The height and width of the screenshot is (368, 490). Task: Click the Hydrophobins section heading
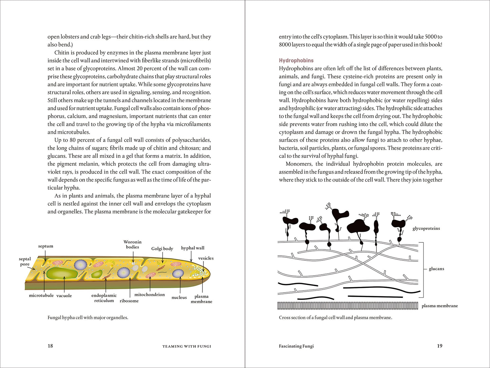tap(296, 60)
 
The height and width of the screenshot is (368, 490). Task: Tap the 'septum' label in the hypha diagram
tap(46, 246)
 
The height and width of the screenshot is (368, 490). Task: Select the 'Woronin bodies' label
tap(133, 244)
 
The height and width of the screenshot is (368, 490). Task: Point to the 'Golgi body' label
tap(162, 249)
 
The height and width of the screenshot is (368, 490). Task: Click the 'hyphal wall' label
tap(193, 248)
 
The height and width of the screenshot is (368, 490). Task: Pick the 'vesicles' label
tap(206, 258)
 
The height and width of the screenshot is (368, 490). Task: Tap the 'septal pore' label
tap(25, 261)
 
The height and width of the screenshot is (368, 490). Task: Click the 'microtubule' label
tap(41, 295)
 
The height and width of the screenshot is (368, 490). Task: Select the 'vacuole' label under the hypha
tap(64, 296)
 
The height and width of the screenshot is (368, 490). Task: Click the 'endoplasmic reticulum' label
tap(104, 298)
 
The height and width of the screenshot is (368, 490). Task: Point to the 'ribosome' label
tap(129, 301)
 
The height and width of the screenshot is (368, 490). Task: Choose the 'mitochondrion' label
tap(150, 294)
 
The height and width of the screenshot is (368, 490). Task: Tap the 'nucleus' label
tap(179, 297)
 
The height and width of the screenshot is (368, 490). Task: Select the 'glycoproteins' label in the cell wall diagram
tap(426, 228)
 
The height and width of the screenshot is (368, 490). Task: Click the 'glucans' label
tap(436, 269)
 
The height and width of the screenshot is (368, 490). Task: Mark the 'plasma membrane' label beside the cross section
tap(440, 306)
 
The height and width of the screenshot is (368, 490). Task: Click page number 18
tap(50, 346)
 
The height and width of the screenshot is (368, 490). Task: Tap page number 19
tap(439, 346)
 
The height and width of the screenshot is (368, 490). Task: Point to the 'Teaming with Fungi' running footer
tap(187, 346)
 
